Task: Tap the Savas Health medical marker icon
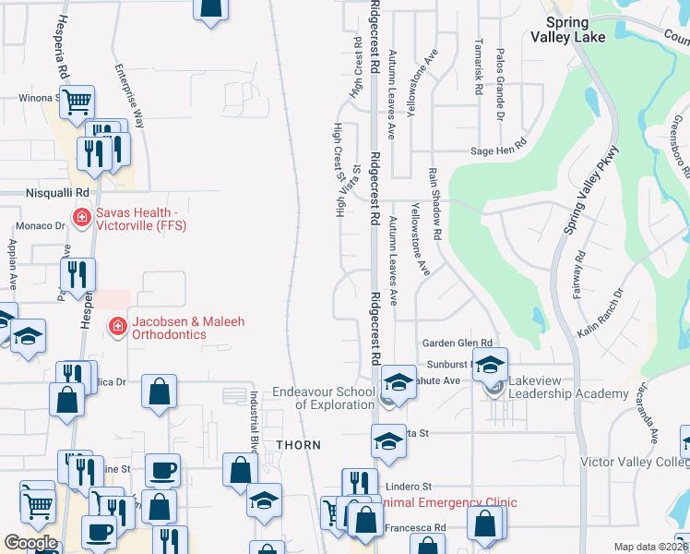point(81,218)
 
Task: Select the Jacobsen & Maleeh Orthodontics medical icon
point(117,325)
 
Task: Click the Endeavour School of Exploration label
point(323,398)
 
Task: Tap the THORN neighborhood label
point(299,445)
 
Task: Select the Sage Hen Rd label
point(497,144)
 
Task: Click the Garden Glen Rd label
point(458,343)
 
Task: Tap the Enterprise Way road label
point(128,95)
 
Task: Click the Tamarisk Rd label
point(478,67)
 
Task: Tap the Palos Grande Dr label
point(500,73)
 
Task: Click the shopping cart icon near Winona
point(77,102)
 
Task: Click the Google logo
point(30,543)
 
